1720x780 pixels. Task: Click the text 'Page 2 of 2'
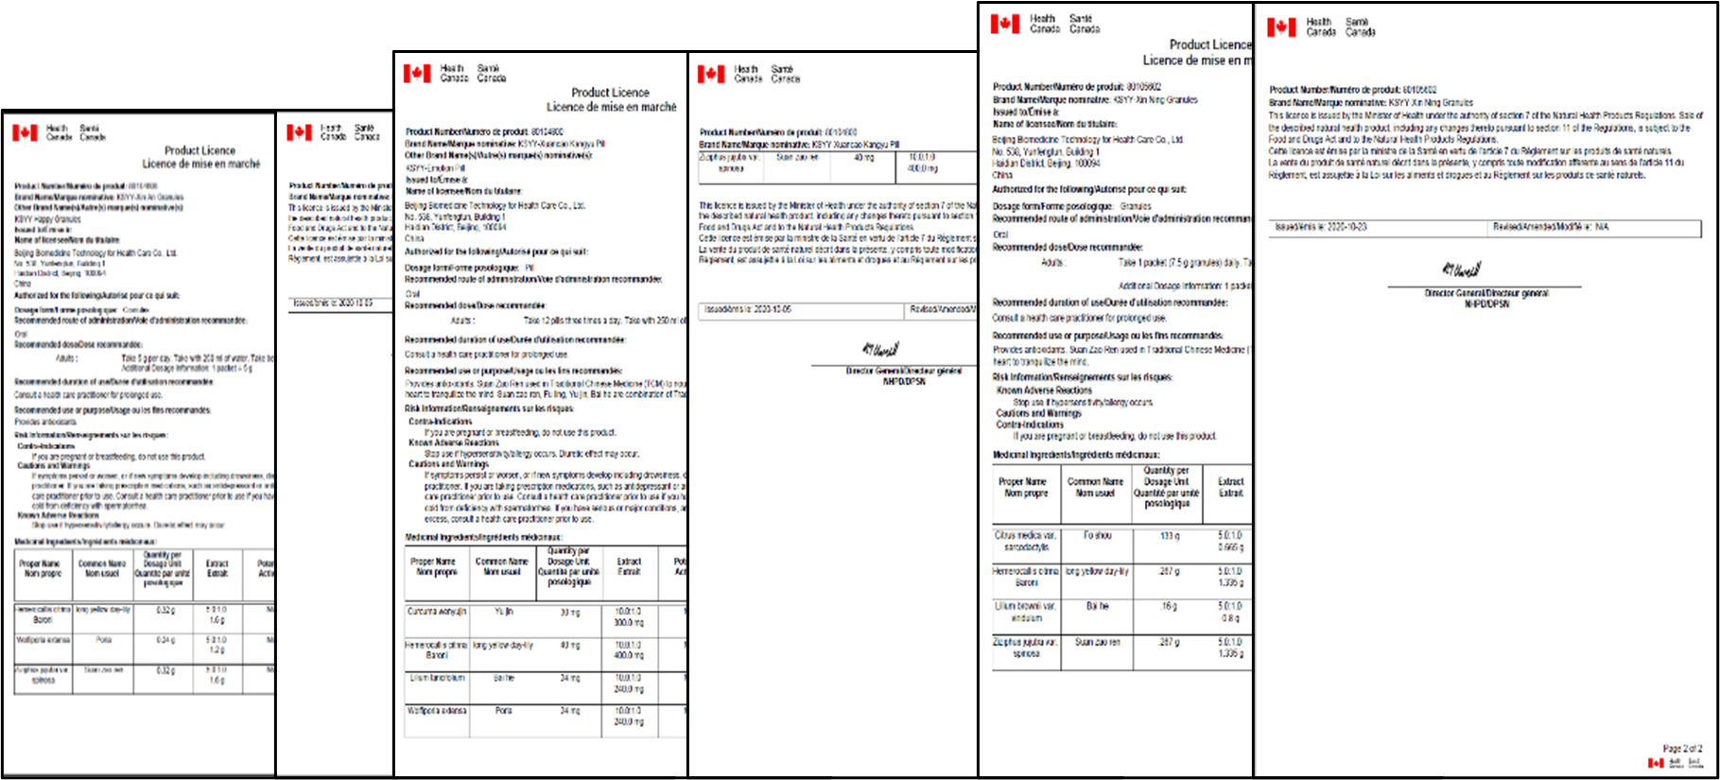click(1682, 748)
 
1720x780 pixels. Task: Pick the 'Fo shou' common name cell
click(1097, 535)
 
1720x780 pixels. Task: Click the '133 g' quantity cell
click(1170, 536)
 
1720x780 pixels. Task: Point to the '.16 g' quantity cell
click(1169, 606)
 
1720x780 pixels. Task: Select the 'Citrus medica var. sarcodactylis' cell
click(1026, 541)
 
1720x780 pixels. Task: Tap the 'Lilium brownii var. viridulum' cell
click(1026, 612)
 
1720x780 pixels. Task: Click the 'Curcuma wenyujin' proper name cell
click(437, 612)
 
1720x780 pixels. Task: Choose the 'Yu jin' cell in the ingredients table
click(503, 612)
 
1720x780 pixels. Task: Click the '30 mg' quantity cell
click(569, 613)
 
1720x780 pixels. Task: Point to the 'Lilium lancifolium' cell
click(437, 678)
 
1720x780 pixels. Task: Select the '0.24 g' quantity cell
click(165, 640)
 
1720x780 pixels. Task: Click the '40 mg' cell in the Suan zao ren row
click(863, 158)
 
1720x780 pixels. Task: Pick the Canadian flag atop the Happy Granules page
click(26, 132)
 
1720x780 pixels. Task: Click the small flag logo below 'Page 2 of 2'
click(1656, 763)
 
